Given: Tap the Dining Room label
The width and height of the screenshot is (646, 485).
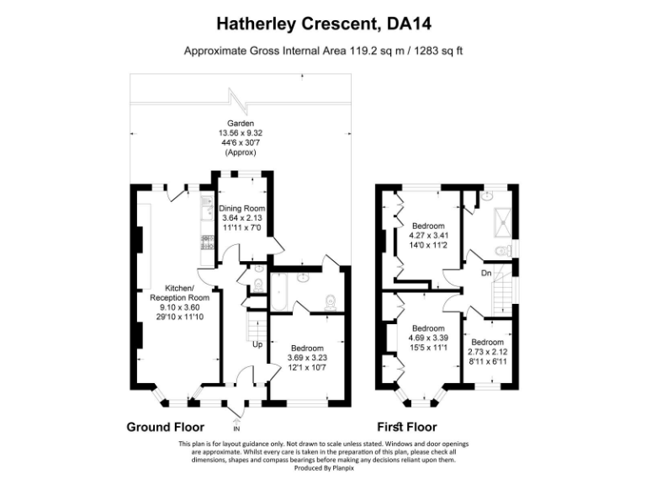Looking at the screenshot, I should coord(242,208).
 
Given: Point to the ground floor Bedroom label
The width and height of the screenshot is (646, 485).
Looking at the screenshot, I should coord(307,347).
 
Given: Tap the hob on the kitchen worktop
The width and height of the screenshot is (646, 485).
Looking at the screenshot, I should coord(204,242).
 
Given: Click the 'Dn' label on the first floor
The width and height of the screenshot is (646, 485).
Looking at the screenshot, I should coord(485,274).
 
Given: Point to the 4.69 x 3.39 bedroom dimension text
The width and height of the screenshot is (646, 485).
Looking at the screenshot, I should coord(428,338).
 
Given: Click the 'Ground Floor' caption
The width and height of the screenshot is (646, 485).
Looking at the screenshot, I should coord(165,427).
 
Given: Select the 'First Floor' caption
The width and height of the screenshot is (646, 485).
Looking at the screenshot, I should coord(406,427).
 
